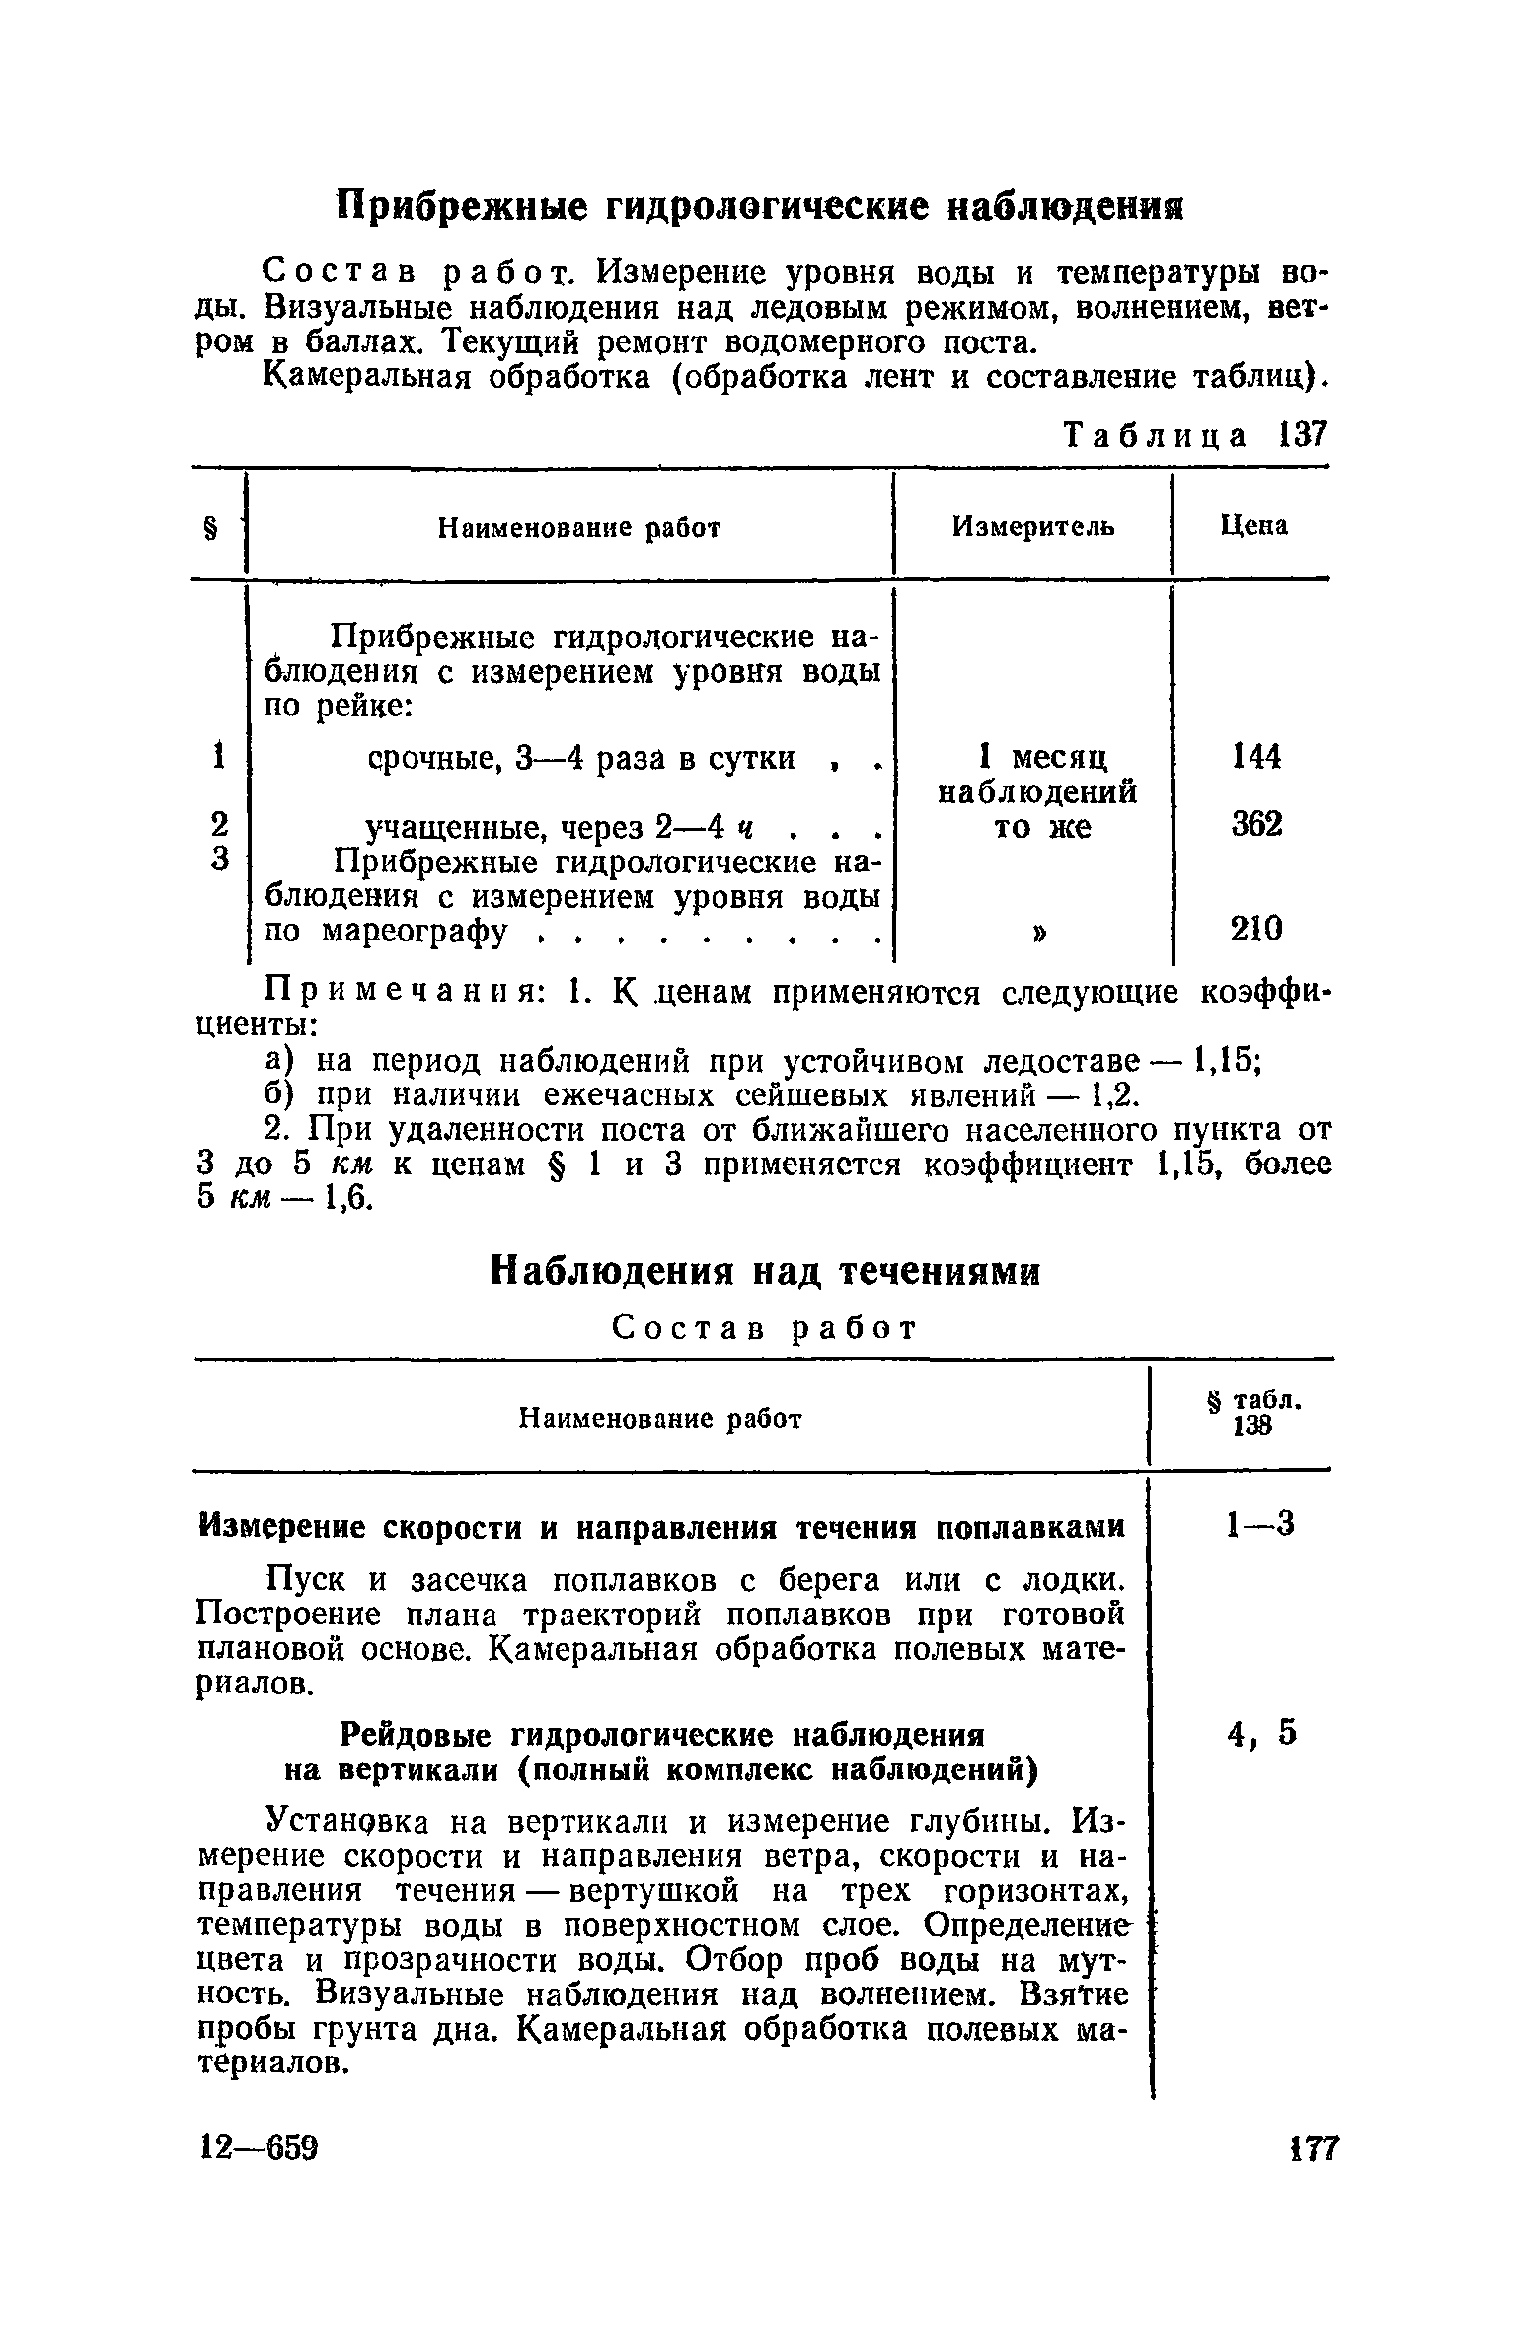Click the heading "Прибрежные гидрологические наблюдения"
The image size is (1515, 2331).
757,207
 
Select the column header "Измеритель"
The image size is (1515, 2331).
1033,527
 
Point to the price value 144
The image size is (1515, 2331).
1256,757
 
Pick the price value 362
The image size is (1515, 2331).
1256,824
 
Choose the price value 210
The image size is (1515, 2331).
1256,929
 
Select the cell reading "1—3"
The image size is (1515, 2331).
1257,1527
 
